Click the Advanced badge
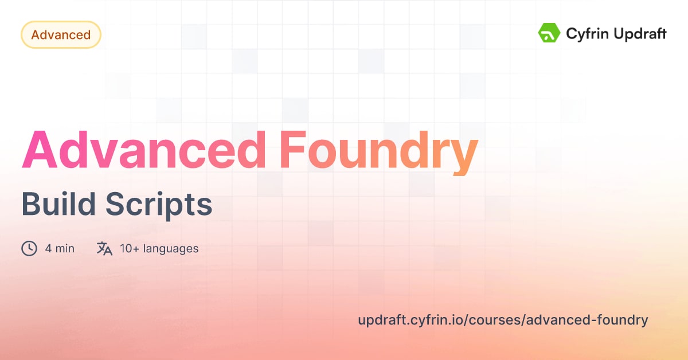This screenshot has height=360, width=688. (x=61, y=35)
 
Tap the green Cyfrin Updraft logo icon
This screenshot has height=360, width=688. (x=549, y=33)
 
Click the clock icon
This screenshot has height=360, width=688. (x=29, y=248)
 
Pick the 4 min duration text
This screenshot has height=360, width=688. (x=60, y=249)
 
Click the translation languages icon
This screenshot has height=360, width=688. (x=104, y=248)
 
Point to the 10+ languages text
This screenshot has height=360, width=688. (x=159, y=249)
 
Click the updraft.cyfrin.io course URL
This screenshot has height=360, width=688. (x=503, y=320)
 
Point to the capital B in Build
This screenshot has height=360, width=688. (x=31, y=204)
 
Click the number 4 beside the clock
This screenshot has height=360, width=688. (x=48, y=249)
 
